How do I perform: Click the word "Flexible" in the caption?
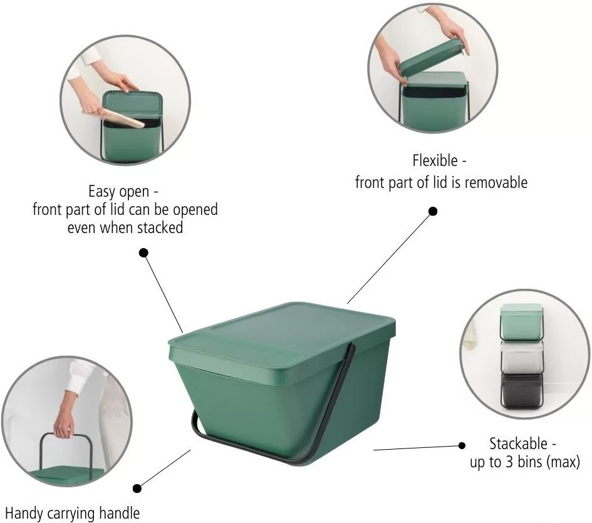pos(435,160)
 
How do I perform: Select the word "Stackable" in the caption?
pos(518,443)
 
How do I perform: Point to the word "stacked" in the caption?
pos(160,228)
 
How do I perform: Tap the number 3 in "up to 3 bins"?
pos(510,462)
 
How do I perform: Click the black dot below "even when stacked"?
pos(143,252)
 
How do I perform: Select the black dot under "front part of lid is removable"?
pos(433,211)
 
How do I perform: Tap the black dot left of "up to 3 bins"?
pos(462,445)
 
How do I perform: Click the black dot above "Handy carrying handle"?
pos(137,489)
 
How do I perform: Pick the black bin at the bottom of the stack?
pos(522,391)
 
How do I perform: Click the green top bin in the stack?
pos(522,322)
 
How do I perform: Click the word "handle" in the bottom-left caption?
pos(119,514)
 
